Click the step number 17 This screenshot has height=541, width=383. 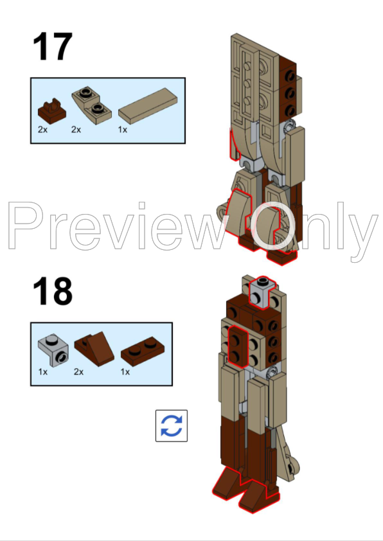pyautogui.click(x=53, y=48)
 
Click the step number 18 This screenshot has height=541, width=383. pyautogui.click(x=53, y=292)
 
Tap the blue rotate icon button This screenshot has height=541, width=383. pyautogui.click(x=172, y=425)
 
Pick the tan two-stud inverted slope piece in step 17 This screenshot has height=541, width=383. pyautogui.click(x=89, y=105)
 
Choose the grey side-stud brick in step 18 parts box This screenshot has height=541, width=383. pyautogui.click(x=53, y=350)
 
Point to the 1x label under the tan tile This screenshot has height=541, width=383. pyautogui.click(x=123, y=130)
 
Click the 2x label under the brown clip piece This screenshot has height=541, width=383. pyautogui.click(x=42, y=130)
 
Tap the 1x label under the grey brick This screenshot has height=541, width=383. pyautogui.click(x=42, y=372)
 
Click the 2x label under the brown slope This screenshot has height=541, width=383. pyautogui.click(x=79, y=372)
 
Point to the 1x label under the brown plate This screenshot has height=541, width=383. pyautogui.click(x=125, y=372)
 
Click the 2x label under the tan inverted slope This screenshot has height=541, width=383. pyautogui.click(x=76, y=130)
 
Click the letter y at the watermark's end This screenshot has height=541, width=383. pyautogui.click(x=363, y=235)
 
